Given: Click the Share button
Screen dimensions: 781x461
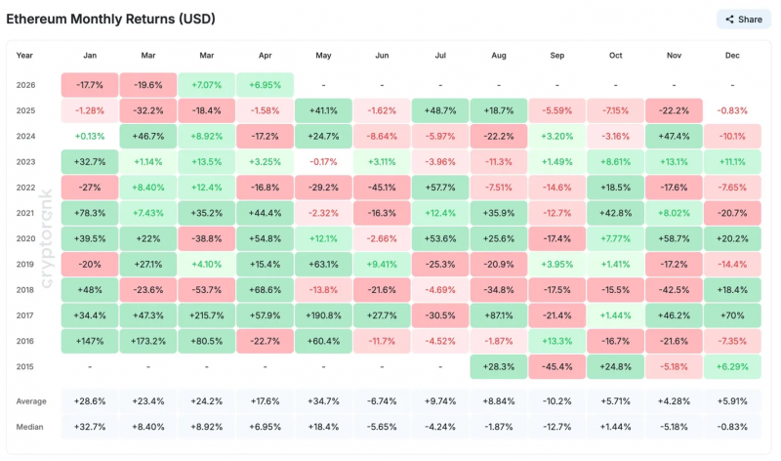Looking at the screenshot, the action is click(744, 20).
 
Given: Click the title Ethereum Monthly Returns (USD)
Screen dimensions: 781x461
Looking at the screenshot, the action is click(110, 19).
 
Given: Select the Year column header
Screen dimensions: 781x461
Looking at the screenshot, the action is click(24, 56).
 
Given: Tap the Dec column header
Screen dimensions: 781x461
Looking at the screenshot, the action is click(732, 56).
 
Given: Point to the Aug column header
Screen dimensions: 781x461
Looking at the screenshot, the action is click(499, 56).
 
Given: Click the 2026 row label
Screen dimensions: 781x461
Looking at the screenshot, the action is click(26, 85).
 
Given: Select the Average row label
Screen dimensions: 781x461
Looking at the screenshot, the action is click(31, 401).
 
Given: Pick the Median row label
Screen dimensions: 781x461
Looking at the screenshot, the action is click(29, 427).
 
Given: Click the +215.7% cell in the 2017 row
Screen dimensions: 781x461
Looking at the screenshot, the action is click(207, 315).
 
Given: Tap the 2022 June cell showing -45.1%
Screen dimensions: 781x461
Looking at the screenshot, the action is click(382, 188).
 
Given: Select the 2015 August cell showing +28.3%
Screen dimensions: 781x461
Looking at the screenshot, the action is click(499, 367).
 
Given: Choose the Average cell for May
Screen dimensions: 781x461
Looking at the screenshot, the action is click(323, 401).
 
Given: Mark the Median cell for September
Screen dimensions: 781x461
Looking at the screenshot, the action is click(556, 427).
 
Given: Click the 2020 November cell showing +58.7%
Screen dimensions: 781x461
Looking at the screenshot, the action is click(674, 238).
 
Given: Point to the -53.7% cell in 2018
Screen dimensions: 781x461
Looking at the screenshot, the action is click(207, 290).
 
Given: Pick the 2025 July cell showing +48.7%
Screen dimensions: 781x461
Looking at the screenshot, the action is click(440, 110).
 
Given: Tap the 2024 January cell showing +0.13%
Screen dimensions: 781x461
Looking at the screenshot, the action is click(90, 136).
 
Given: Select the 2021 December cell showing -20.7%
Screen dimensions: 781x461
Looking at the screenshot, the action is click(732, 213).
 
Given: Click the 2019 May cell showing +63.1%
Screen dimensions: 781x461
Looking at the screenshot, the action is click(323, 264).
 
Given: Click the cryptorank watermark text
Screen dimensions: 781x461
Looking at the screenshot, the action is click(46, 238).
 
